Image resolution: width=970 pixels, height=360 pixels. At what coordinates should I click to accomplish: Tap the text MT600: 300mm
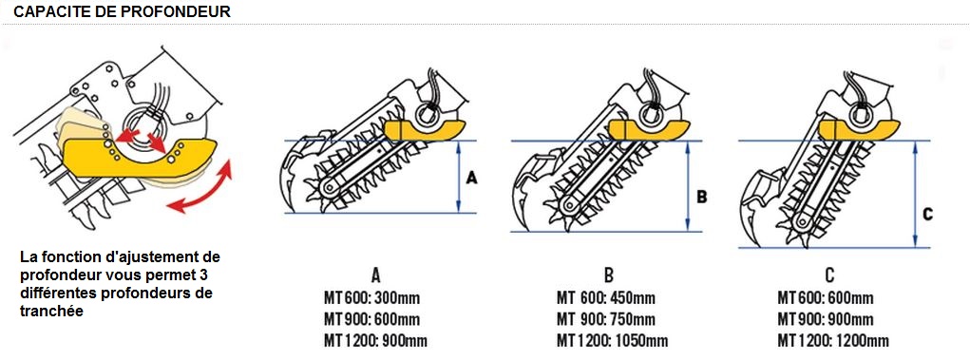(371, 298)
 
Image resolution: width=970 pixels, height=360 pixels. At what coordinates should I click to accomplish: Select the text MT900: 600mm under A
(371, 319)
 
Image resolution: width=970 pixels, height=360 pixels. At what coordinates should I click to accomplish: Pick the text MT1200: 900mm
(375, 340)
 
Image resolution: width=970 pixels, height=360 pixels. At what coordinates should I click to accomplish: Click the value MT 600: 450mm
(605, 298)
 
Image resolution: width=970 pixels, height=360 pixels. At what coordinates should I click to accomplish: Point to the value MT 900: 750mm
(605, 319)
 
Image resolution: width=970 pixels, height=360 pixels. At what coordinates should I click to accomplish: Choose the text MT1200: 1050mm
(613, 340)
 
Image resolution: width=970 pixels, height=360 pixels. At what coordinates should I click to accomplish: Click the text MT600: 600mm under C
(826, 298)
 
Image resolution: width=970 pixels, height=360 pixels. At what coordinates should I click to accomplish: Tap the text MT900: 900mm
(826, 319)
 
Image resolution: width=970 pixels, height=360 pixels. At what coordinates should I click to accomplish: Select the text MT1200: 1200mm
(832, 340)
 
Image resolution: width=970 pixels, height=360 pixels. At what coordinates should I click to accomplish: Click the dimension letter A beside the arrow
(472, 179)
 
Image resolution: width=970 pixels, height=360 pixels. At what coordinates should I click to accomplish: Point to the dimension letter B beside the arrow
(701, 197)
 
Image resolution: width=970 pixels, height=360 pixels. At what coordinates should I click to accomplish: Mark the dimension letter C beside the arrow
(928, 215)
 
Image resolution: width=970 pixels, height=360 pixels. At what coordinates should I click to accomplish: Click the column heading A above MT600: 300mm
(374, 275)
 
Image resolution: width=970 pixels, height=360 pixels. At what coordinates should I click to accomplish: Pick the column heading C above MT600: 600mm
(829, 275)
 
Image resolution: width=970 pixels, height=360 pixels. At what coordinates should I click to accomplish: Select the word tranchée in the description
(51, 312)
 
